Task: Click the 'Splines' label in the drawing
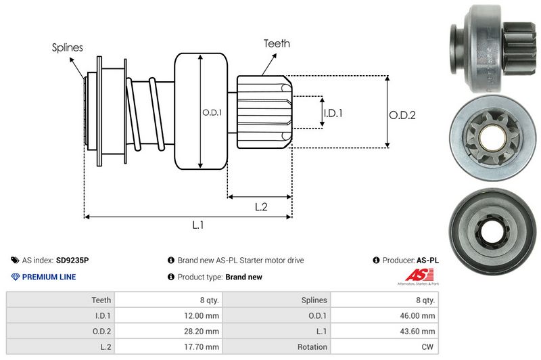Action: tap(68, 47)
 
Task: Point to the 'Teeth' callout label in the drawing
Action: tap(277, 43)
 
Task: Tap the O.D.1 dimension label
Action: tap(212, 112)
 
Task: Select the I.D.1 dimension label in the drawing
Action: tap(333, 113)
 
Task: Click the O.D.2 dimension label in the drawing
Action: tap(402, 115)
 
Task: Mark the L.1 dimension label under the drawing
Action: tap(198, 226)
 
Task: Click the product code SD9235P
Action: tap(72, 260)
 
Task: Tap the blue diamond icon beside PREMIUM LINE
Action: tap(16, 277)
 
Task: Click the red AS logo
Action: tap(414, 275)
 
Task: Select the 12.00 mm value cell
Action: tap(204, 315)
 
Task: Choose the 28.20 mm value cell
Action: tap(204, 331)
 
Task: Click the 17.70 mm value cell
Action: tap(204, 347)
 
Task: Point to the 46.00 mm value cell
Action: tap(419, 315)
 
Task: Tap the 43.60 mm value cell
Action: tap(419, 331)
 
